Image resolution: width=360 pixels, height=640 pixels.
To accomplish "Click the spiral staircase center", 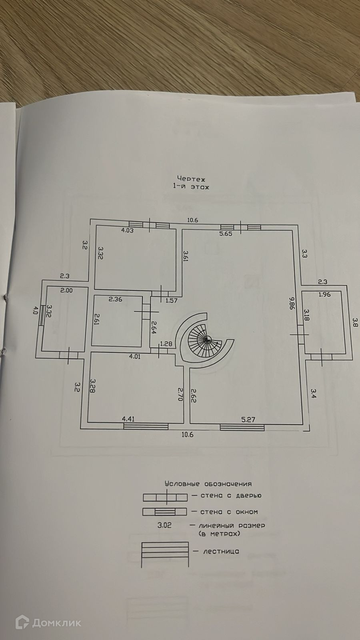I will [207, 339].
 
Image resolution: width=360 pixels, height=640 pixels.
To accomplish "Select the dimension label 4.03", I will [127, 230].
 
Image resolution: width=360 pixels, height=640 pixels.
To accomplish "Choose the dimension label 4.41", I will [128, 419].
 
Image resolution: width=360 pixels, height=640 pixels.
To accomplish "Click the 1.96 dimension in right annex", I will [325, 295].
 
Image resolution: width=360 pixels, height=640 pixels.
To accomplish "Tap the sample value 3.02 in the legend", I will [164, 526].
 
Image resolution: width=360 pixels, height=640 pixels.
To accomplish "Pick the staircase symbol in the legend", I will [165, 554].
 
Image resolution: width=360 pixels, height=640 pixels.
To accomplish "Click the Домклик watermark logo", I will [48, 622].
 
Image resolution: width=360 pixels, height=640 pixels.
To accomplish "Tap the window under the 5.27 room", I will [242, 427].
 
